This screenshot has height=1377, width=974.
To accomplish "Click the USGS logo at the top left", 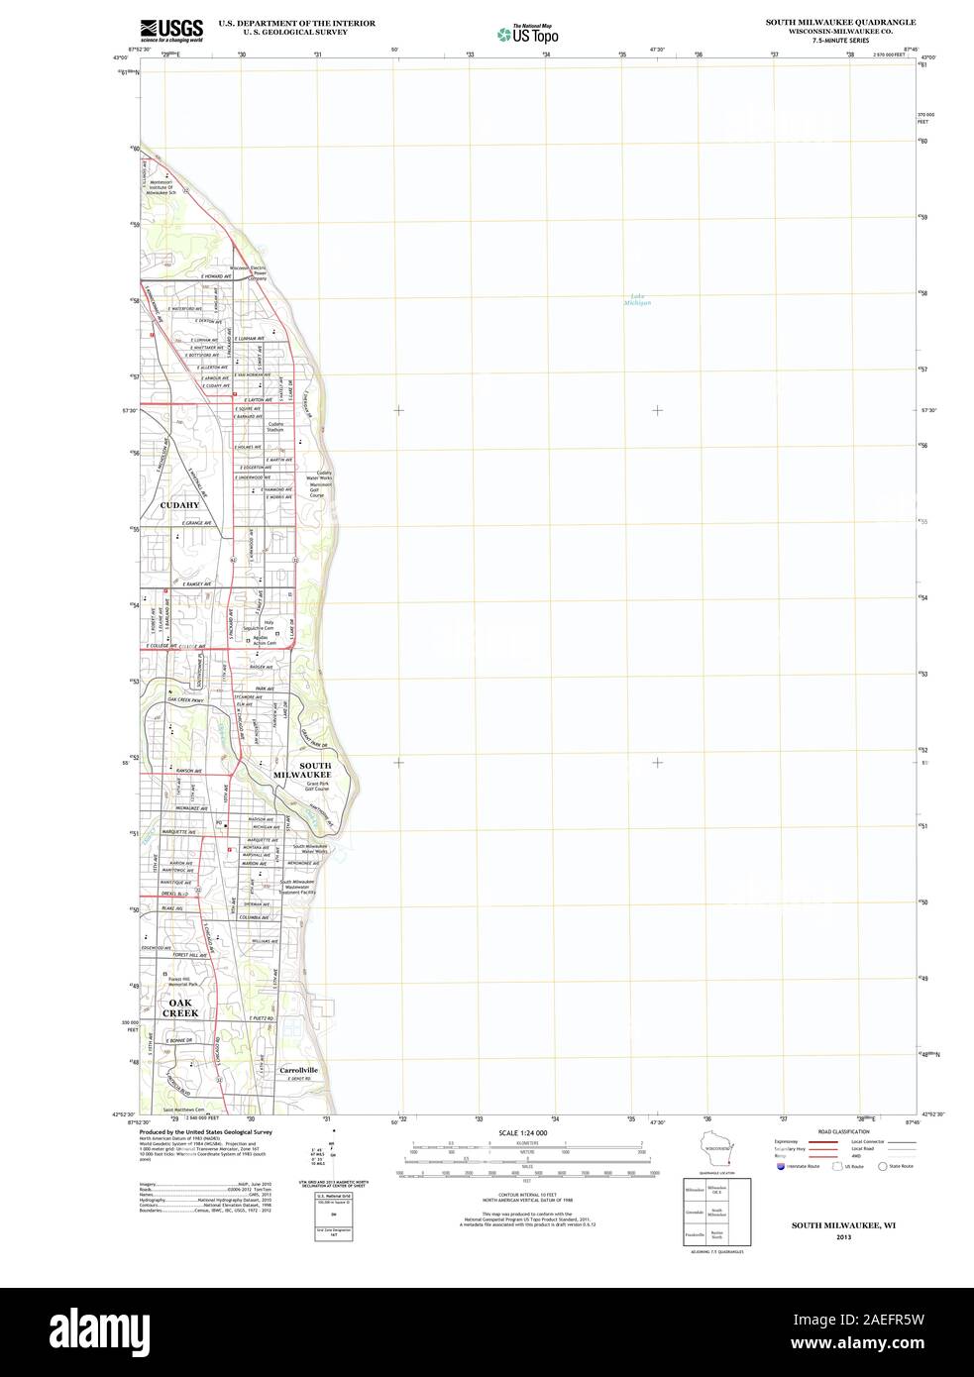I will coord(172,29).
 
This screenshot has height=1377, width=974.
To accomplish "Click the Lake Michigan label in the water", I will coord(637,298).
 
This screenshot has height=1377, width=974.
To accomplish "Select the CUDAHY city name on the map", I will coord(179,505).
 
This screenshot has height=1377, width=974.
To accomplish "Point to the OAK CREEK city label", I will coord(182,1007).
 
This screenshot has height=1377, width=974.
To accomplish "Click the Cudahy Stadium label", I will coord(274,427).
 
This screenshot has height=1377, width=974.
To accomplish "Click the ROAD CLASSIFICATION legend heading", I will coord(844,1131).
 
